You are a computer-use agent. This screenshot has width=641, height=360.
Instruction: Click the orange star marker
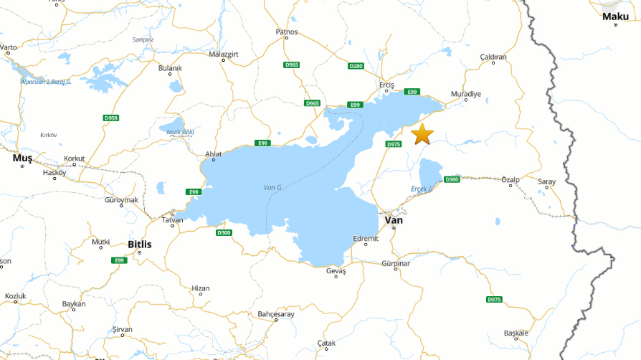[422, 133]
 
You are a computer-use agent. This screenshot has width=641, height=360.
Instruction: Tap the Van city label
[394, 220]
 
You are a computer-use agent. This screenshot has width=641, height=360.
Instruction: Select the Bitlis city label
[139, 245]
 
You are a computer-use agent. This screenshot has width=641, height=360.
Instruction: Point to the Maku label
[615, 16]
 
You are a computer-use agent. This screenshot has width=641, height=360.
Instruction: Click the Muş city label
[22, 157]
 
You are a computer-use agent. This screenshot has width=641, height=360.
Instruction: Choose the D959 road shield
[110, 118]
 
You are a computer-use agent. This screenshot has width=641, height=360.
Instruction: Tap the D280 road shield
[356, 66]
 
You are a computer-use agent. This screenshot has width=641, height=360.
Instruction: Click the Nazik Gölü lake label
[181, 132]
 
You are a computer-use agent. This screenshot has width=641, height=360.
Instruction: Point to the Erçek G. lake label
[422, 189]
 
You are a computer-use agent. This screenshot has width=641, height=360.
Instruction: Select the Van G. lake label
[273, 187]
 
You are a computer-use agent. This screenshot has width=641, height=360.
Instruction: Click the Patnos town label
[286, 32]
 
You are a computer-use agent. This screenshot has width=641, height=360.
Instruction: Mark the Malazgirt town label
[222, 54]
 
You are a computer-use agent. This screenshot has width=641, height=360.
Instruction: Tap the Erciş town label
[386, 83]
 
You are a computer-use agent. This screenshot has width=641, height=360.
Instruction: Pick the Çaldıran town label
[493, 57]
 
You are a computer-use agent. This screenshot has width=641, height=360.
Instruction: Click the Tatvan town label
[171, 220]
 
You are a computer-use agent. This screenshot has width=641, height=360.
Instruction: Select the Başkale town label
[516, 333]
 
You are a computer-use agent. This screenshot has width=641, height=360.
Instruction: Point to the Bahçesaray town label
[275, 314]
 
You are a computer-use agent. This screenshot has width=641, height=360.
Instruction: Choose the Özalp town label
[511, 179]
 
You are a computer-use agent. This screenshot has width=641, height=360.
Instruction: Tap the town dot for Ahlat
[213, 159]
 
